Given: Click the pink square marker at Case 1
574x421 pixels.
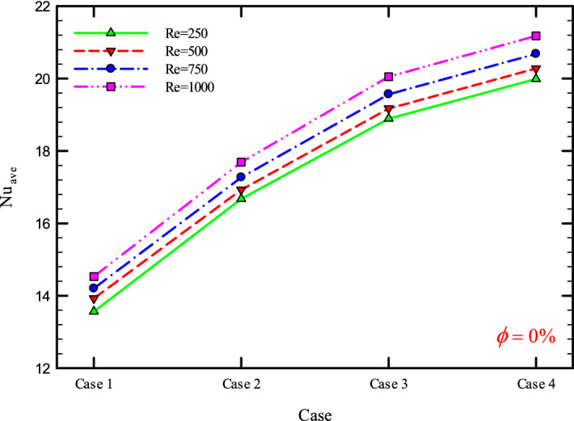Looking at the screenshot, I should [94, 276].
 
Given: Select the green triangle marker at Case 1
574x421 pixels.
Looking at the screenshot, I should [94, 310].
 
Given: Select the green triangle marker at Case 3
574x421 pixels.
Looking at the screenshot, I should [389, 117].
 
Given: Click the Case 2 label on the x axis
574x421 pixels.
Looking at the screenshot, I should [241, 383].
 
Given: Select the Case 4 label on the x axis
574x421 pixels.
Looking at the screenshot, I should [536, 383].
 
